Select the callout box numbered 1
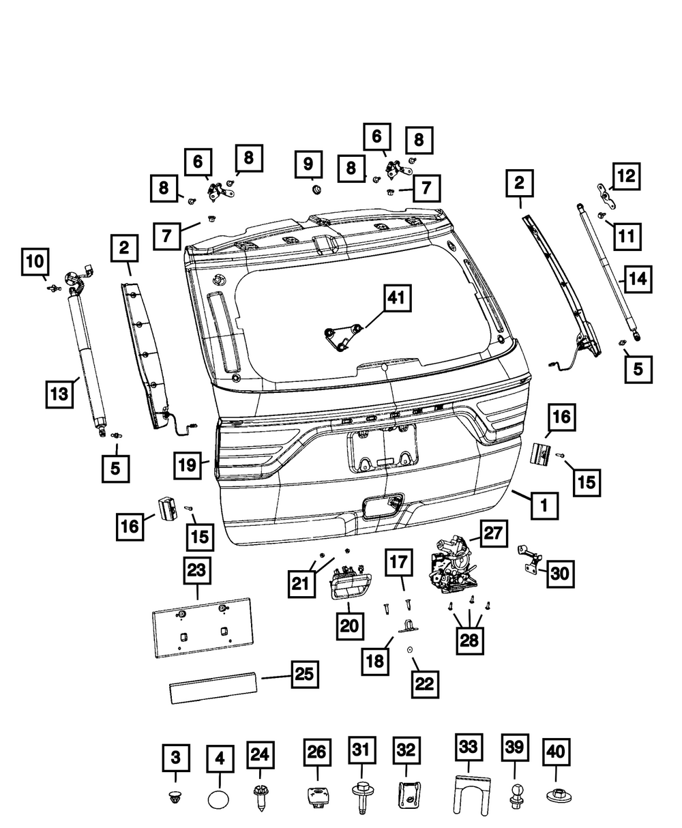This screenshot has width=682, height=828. pos(544,505)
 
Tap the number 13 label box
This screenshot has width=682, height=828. pos(61,394)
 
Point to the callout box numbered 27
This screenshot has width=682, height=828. pos(494,533)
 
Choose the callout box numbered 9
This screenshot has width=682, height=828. pos(308,164)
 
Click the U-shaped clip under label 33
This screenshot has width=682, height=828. pos(469,794)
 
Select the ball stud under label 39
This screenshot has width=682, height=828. pos(515,795)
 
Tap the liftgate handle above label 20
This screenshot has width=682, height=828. pos(349,585)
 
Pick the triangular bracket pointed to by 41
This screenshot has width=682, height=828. pos(342,336)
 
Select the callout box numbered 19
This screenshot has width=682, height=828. pos(188,466)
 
